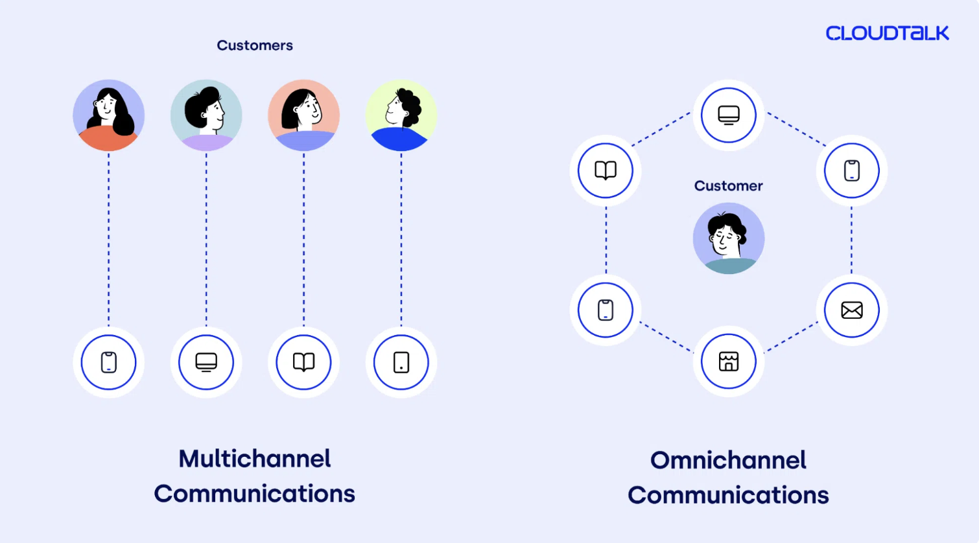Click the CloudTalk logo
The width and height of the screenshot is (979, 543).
click(887, 33)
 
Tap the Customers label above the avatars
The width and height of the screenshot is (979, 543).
click(255, 45)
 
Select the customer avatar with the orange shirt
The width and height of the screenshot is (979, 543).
click(108, 115)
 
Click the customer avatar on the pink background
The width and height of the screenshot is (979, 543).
click(304, 115)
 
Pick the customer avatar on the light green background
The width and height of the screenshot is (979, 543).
click(401, 115)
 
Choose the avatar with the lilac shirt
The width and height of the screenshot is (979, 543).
click(206, 115)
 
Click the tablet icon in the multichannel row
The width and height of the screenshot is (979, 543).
click(401, 362)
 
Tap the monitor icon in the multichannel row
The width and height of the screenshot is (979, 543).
click(206, 362)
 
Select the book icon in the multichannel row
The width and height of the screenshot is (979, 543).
click(304, 362)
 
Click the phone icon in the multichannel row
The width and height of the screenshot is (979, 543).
click(108, 362)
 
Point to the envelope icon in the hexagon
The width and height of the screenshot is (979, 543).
click(852, 310)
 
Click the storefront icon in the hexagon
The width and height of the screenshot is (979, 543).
click(729, 362)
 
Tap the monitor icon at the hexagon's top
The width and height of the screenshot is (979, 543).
click(729, 115)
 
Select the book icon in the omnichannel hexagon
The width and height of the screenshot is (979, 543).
click(606, 170)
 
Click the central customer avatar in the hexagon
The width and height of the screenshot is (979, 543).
click(729, 238)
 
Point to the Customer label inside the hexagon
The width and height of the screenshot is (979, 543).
click(729, 186)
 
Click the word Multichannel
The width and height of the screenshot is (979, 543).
click(255, 459)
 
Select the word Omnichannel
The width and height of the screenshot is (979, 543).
click(728, 461)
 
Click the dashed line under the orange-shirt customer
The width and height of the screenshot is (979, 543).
click(108, 239)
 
